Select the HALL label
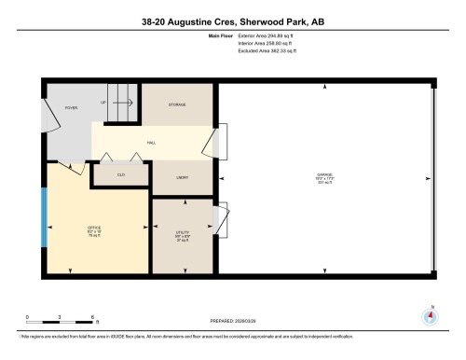coord(151,143)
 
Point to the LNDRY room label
coord(183,175)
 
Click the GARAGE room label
coord(323,177)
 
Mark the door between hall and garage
coord(221,144)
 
